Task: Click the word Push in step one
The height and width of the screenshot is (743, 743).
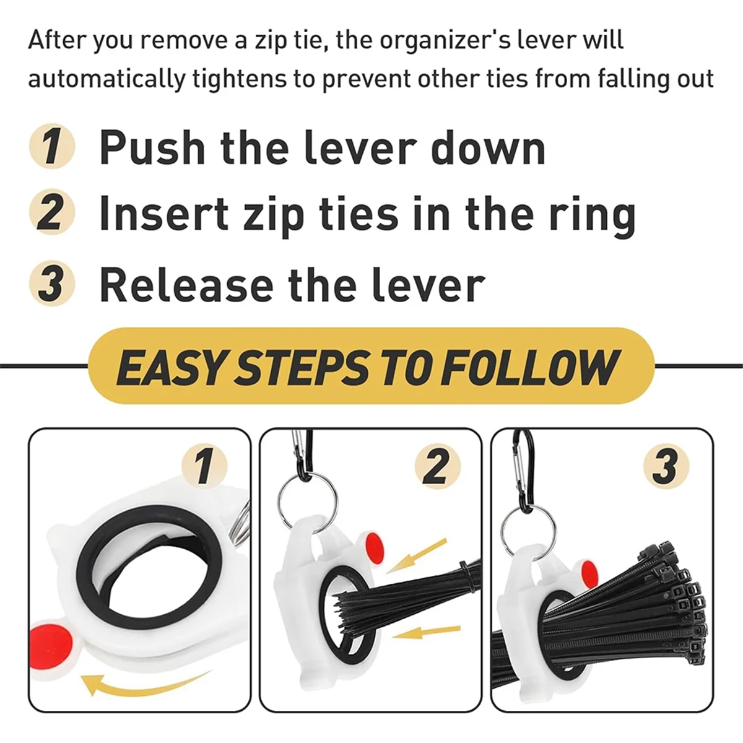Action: [x=152, y=149]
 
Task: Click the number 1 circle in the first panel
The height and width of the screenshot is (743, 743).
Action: [x=204, y=466]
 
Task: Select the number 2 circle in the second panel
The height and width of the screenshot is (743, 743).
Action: [x=437, y=466]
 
